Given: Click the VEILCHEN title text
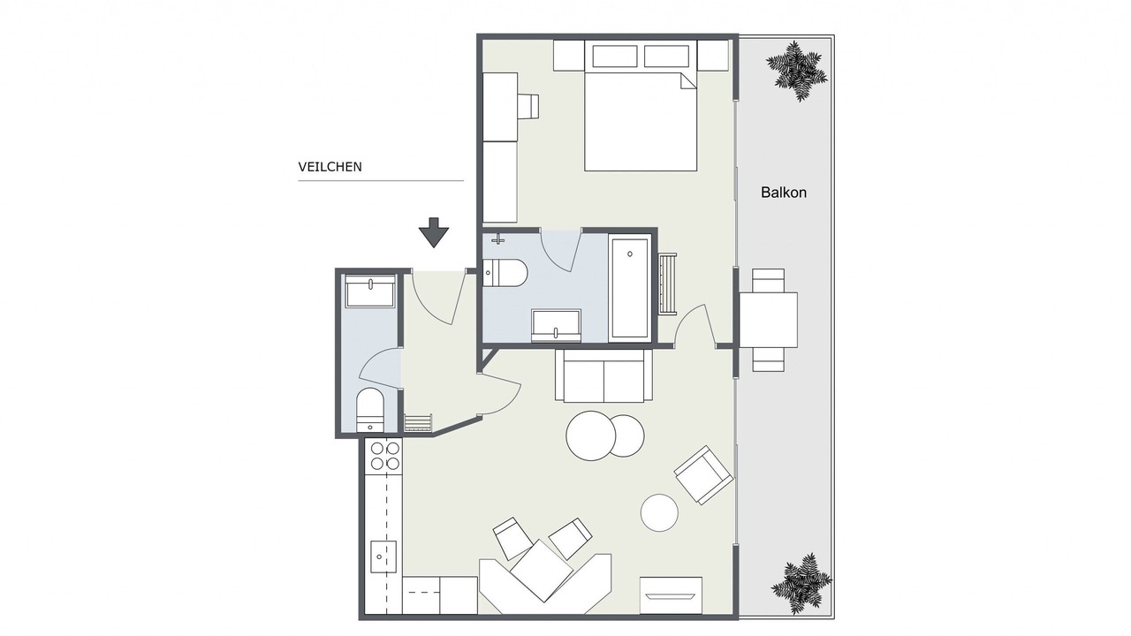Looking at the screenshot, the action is click(330, 167).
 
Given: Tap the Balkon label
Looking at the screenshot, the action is click(784, 193).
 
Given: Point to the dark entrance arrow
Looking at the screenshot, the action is click(434, 232).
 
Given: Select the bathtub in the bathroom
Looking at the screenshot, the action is click(630, 288).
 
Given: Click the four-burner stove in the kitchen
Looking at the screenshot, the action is click(385, 456).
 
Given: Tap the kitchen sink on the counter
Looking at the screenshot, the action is click(383, 556).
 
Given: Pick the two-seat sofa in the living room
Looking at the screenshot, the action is click(603, 375).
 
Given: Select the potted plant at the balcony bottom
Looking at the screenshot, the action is click(801, 582).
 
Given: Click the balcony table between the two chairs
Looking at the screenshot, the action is click(769, 320).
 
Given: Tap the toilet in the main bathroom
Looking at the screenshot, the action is click(505, 273).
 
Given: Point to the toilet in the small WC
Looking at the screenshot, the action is click(370, 410).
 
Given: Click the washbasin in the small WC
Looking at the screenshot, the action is click(370, 291).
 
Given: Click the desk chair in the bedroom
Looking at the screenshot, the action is click(528, 106).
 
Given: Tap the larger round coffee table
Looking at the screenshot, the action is click(591, 435).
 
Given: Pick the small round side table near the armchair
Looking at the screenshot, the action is click(659, 512).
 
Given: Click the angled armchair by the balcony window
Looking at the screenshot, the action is click(703, 475).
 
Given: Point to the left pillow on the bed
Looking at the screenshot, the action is click(614, 56).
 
